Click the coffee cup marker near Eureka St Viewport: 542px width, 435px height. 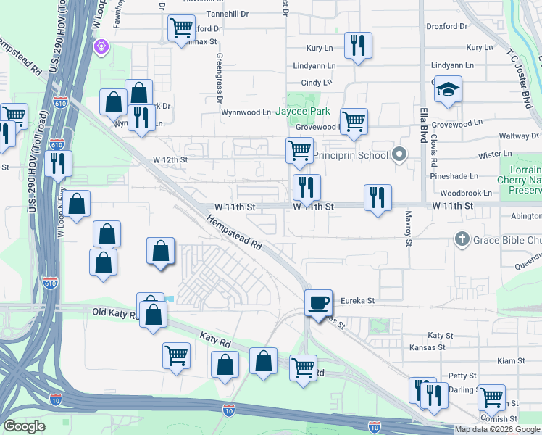pyautogui.click(x=319, y=302)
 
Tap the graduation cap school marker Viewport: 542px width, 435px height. pyautogui.click(x=449, y=90)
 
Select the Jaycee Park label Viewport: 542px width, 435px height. pyautogui.click(x=306, y=112)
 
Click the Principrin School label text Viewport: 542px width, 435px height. pyautogui.click(x=352, y=155)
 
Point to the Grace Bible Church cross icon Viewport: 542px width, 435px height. pyautogui.click(x=461, y=239)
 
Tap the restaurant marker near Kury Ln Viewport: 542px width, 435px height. pyautogui.click(x=357, y=46)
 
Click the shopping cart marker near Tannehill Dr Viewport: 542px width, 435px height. pyautogui.click(x=180, y=28)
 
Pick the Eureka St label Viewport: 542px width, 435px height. pyautogui.click(x=359, y=300)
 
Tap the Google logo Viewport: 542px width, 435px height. pyautogui.click(x=24, y=426)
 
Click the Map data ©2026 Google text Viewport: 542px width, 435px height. pyautogui.click(x=497, y=429)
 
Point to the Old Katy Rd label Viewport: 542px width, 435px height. pyautogui.click(x=114, y=312)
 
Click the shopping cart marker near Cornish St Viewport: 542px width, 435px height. pyautogui.click(x=492, y=397)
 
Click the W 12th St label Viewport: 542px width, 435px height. pyautogui.click(x=170, y=159)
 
